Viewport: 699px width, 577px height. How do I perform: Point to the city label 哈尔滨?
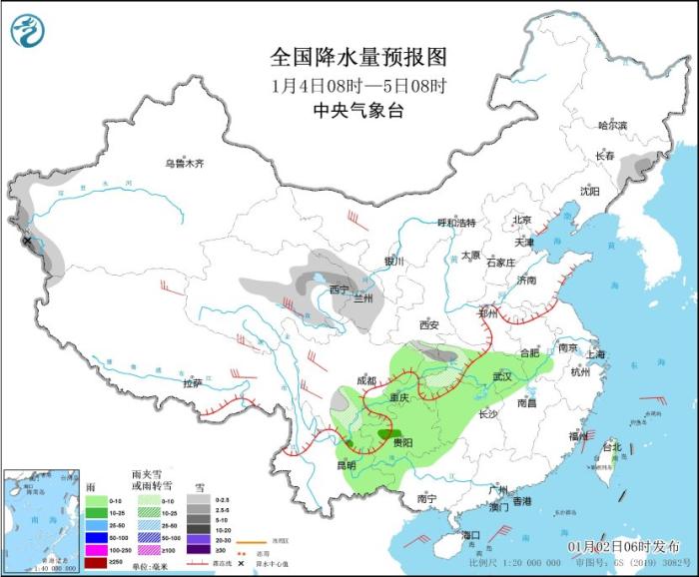tap(611, 125)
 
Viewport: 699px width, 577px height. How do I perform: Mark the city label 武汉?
tap(501, 376)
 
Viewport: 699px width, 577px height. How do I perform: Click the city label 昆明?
tap(345, 465)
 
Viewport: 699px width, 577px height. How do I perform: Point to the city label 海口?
tap(470, 535)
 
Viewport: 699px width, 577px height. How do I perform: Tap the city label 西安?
tap(429, 325)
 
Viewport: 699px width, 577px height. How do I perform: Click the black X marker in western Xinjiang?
tap(27, 241)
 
